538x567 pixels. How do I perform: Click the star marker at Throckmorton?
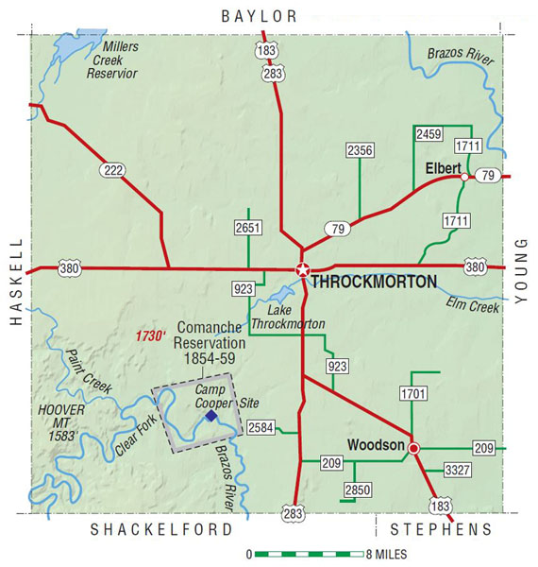point(302,269)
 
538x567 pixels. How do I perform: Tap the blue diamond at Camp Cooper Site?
point(211,416)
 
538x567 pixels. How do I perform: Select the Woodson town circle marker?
point(412,448)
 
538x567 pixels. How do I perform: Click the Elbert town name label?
point(443,167)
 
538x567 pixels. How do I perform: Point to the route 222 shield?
point(113,169)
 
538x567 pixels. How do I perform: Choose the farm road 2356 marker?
point(360,150)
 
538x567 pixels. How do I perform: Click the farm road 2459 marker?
point(429,135)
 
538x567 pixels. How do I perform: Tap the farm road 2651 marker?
point(248,228)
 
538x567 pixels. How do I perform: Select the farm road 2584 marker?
point(260,428)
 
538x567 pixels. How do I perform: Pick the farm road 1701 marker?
point(413,392)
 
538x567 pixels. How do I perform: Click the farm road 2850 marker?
point(356,490)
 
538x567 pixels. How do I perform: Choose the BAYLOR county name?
point(259,16)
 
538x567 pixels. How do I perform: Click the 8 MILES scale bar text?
point(386,554)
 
